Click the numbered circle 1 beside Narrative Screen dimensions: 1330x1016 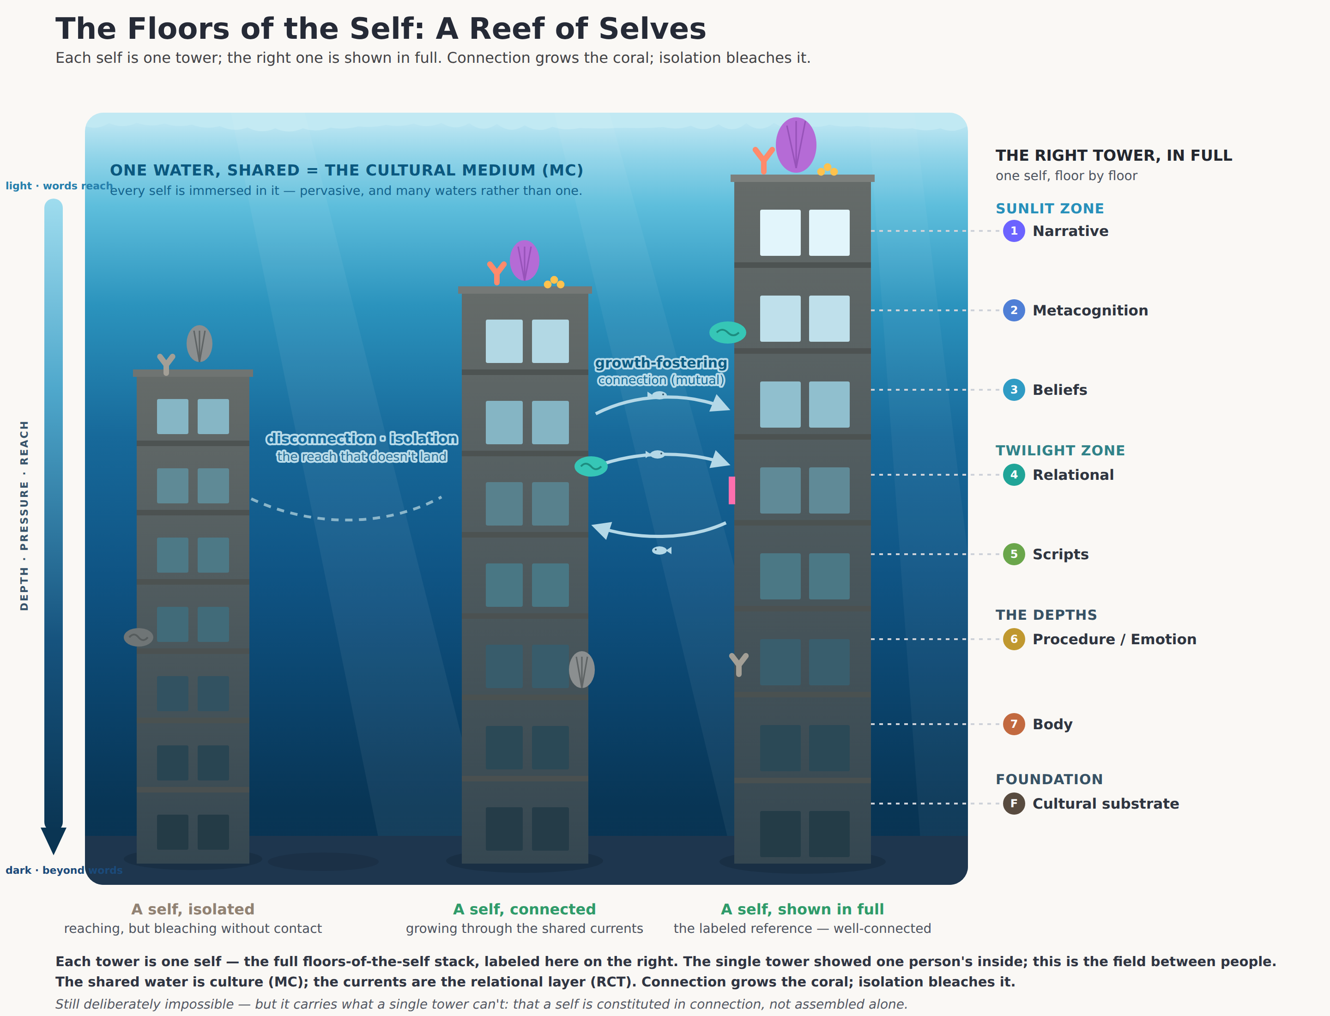point(1014,231)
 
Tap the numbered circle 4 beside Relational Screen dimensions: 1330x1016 point(1014,475)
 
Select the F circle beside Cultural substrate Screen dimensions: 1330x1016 point(1014,804)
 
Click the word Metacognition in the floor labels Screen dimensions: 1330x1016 point(1090,310)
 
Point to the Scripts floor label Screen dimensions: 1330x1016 point(1060,554)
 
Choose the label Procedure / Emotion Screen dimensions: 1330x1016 point(1114,639)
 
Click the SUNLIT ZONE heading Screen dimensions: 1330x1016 point(1049,209)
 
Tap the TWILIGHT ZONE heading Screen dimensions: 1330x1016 point(1060,451)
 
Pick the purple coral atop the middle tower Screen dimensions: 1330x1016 point(524,260)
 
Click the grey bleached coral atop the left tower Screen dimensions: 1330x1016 point(199,344)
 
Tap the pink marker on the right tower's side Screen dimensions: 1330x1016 point(732,490)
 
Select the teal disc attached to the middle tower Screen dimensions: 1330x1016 point(591,466)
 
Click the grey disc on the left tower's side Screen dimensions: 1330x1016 point(139,637)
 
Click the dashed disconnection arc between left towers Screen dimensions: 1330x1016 point(348,519)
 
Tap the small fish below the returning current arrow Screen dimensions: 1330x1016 point(661,550)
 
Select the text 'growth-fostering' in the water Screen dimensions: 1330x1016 point(661,363)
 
